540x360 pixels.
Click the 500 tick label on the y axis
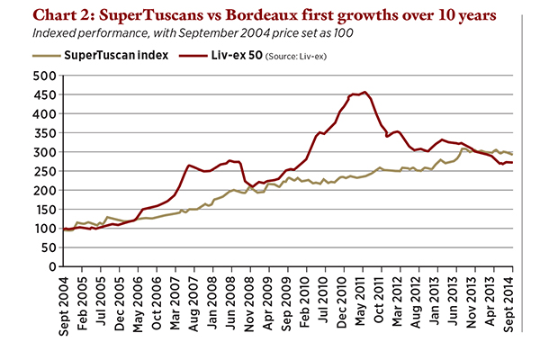44,76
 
